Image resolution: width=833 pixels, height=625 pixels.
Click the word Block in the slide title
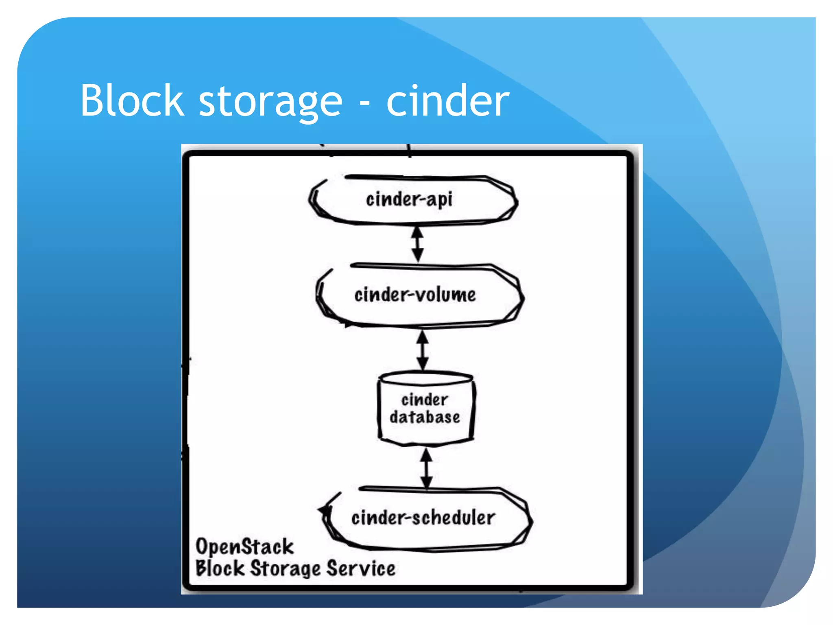(132, 101)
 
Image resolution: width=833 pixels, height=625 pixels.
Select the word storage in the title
(270, 102)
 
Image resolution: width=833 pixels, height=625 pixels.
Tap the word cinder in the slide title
(447, 101)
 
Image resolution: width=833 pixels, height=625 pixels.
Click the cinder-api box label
(409, 200)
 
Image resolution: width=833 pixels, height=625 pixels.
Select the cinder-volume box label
(415, 295)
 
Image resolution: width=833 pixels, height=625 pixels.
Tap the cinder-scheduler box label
(423, 518)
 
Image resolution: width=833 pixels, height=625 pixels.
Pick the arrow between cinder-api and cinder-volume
(417, 244)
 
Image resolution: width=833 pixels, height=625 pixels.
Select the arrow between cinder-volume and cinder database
(423, 350)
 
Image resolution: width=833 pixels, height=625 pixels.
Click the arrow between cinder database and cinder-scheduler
(426, 468)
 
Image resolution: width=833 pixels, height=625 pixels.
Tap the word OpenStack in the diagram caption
(244, 547)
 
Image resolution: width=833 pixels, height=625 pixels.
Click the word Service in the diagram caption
(360, 568)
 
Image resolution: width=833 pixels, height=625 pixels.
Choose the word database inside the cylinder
(425, 417)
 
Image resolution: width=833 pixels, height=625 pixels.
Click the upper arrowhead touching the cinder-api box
(417, 233)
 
